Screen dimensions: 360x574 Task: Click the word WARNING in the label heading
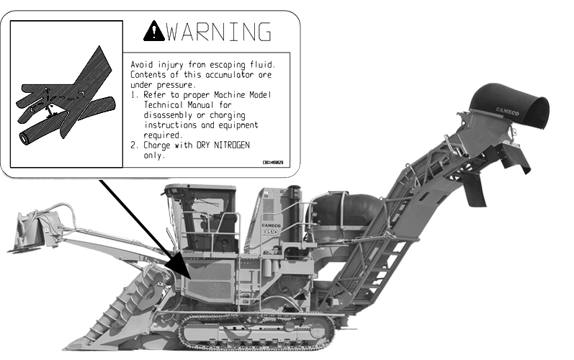point(219,32)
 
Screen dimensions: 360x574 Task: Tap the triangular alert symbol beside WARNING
point(153,30)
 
